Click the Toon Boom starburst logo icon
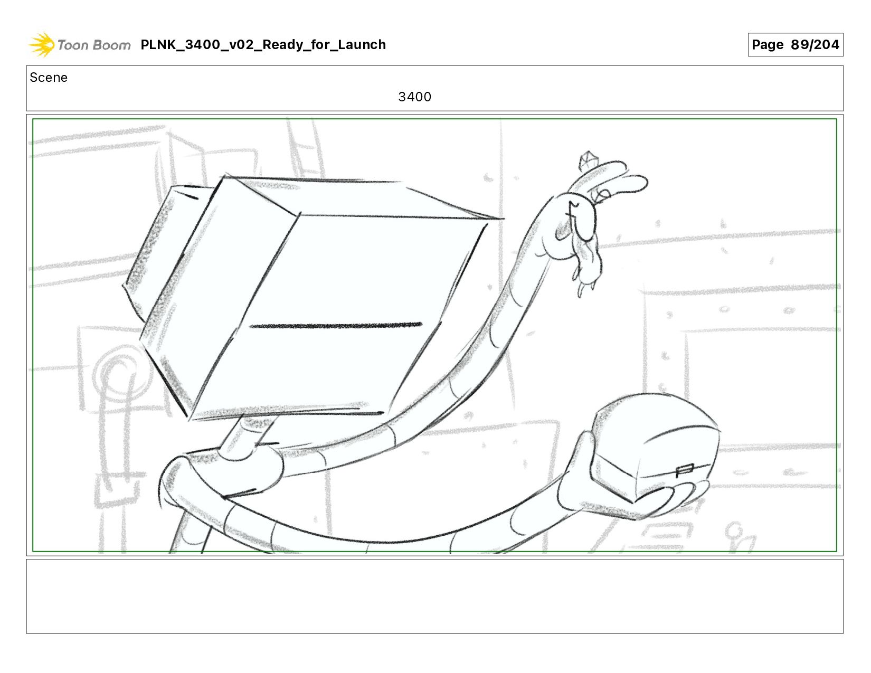point(42,44)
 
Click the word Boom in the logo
point(112,45)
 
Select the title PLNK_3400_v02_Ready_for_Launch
point(263,44)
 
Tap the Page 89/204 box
point(795,44)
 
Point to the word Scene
point(49,78)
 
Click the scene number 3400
point(414,97)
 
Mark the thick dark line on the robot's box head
point(336,326)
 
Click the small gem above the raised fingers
point(587,160)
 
